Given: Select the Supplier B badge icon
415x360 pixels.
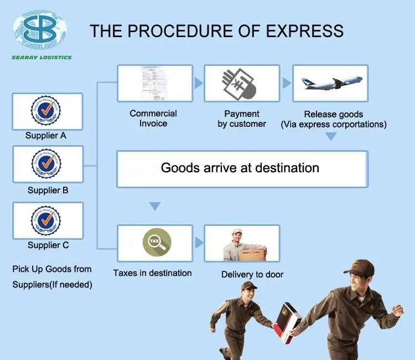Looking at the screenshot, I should coord(47,164).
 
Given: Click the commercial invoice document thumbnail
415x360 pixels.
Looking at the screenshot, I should coord(154,84).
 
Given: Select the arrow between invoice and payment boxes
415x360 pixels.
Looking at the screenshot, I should coord(198,84).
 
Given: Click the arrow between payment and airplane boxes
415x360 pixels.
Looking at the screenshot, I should coord(287,84).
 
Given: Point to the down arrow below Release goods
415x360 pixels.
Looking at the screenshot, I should coord(330,137).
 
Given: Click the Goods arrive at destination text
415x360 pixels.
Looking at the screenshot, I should coord(240,168).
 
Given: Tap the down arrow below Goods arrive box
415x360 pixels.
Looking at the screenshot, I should coord(155,206).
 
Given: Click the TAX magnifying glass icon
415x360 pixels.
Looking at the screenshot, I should coord(155,242).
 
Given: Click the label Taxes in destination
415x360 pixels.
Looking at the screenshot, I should coord(153,272).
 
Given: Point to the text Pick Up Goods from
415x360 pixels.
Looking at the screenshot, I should coord(52,269).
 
